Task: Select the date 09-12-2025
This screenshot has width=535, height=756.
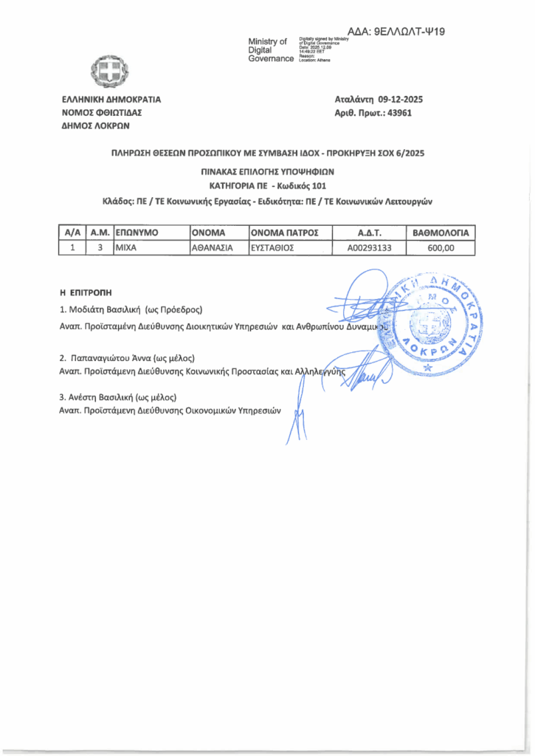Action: click(401, 99)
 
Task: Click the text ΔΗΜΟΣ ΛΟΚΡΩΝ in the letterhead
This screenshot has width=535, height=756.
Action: click(96, 126)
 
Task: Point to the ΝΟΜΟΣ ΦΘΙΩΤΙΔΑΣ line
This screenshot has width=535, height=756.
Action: click(101, 113)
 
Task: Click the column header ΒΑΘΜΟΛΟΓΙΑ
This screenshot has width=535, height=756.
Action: click(441, 233)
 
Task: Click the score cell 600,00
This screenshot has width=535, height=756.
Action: click(441, 248)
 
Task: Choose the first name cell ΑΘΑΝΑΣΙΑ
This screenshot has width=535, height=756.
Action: click(213, 248)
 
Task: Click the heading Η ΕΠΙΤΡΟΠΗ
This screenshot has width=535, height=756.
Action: click(85, 293)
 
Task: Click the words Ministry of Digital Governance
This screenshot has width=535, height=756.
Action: click(271, 49)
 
